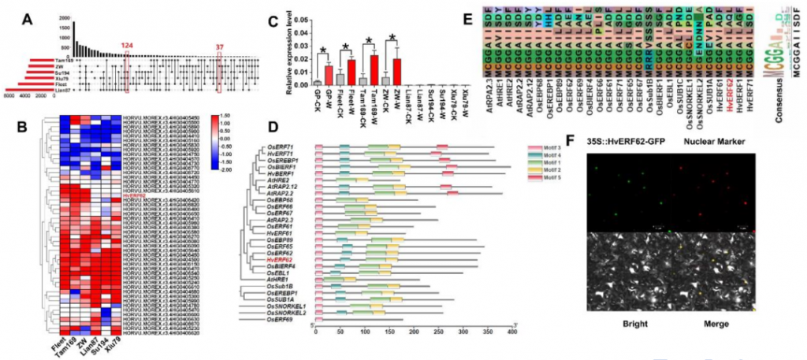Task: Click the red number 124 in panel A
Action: click(x=128, y=47)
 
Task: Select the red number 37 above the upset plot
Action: click(x=220, y=47)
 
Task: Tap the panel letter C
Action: click(x=273, y=22)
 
